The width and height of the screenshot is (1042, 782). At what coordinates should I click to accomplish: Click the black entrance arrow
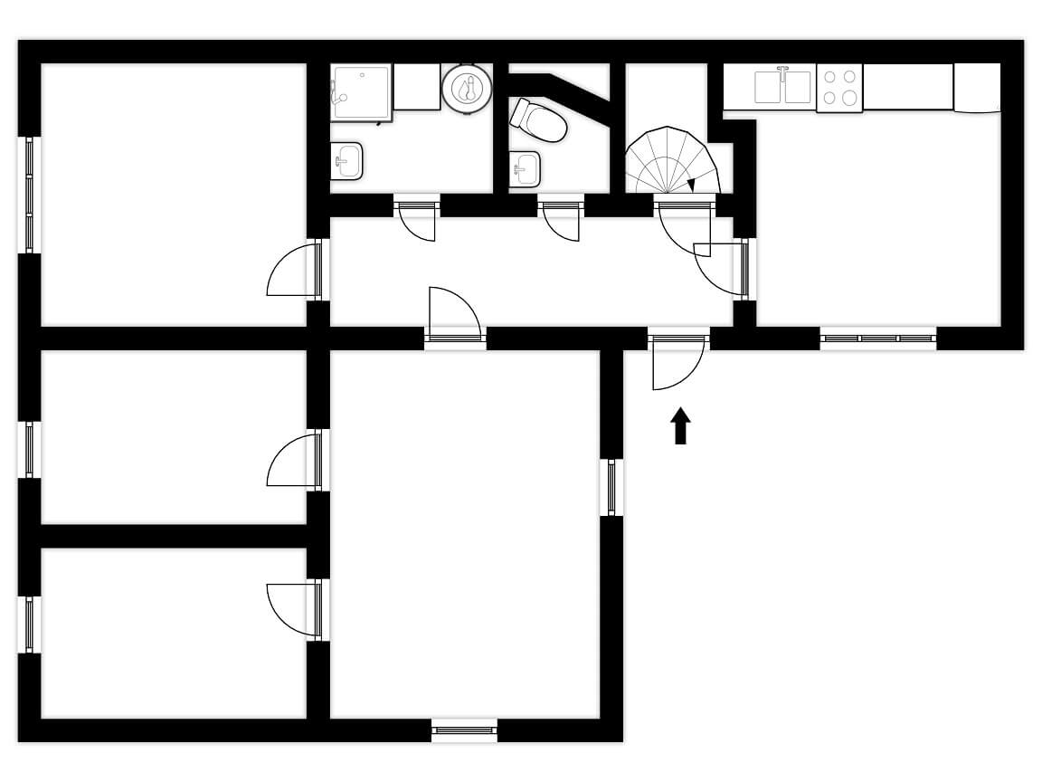(x=680, y=426)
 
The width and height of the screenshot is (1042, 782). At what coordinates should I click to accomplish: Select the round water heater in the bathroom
(x=468, y=89)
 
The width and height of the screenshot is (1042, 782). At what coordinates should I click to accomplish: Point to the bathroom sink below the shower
(x=346, y=162)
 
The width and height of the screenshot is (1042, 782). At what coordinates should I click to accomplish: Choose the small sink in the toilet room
(x=525, y=167)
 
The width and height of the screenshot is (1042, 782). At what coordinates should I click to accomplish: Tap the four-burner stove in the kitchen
(x=839, y=88)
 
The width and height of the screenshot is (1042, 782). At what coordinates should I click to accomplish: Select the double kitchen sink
(x=783, y=87)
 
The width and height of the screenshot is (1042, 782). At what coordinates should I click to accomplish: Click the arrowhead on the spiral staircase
(x=690, y=185)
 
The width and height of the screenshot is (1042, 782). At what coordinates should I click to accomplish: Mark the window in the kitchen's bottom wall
(x=878, y=339)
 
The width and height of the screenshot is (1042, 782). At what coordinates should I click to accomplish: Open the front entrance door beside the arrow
(x=677, y=362)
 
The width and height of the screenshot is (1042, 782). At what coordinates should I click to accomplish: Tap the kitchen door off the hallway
(x=724, y=268)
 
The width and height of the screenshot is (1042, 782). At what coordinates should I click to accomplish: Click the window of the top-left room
(x=29, y=195)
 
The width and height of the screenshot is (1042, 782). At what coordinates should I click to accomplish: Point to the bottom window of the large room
(x=464, y=730)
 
